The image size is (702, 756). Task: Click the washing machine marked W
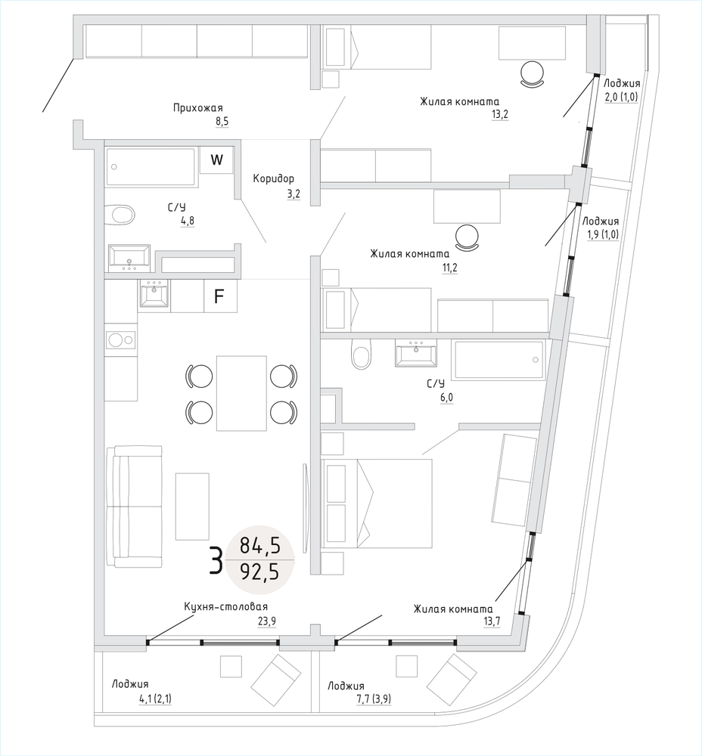tap(217, 160)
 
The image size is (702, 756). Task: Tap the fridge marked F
tap(220, 296)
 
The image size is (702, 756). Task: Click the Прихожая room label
tap(197, 108)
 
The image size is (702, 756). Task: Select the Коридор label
tap(274, 179)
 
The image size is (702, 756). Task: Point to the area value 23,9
tap(267, 621)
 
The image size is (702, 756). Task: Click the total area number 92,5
tap(259, 572)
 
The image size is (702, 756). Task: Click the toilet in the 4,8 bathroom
tap(120, 215)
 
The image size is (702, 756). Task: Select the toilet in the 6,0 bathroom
tap(362, 353)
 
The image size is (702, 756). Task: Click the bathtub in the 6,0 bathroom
tap(498, 360)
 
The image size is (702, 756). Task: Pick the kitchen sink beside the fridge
tap(154, 293)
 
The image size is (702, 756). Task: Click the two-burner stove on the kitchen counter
tap(121, 340)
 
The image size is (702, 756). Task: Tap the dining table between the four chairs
tap(242, 393)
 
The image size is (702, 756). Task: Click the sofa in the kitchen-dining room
tap(134, 507)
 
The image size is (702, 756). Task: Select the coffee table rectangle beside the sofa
tap(192, 507)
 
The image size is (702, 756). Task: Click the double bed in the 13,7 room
tap(376, 503)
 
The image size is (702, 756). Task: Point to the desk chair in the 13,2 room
tap(533, 74)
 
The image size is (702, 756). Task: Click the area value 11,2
tap(449, 268)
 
